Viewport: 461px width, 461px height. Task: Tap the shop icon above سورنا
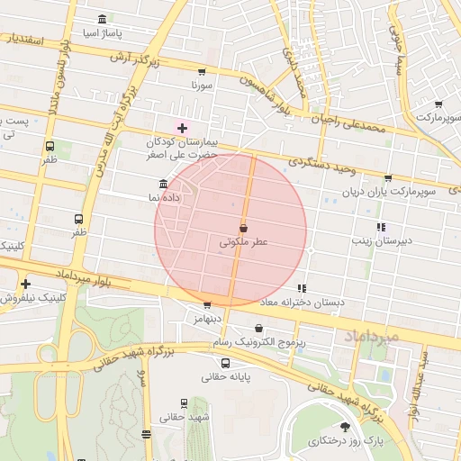pos(201,72)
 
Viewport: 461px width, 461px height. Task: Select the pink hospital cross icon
pos(182,129)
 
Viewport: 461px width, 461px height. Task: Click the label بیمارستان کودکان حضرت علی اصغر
pos(184,149)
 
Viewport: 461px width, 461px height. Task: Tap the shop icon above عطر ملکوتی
pos(243,229)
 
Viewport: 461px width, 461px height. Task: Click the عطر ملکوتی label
pos(244,243)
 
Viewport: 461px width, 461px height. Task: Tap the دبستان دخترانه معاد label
pos(302,303)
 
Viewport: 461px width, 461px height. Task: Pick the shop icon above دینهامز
pos(207,305)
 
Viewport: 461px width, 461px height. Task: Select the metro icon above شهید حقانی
pos(185,403)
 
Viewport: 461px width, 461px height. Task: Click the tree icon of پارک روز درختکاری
pos(345,427)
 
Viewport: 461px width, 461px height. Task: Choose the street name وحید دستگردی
pos(323,163)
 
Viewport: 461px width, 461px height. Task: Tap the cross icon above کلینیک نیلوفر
pos(26,284)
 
